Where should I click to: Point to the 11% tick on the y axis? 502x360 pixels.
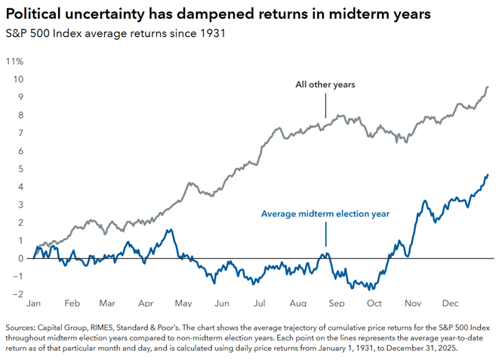14,60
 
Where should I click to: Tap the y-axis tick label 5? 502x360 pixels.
20,168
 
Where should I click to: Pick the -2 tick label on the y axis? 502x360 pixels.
18,294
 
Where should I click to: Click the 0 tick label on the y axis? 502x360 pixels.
20,258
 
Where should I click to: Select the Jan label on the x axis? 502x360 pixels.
34,303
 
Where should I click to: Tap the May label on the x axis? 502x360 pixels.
183,303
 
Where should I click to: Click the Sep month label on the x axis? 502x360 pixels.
336,303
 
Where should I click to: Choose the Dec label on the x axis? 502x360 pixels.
449,303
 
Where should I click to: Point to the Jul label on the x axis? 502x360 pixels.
260,303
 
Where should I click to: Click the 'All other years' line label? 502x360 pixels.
325,85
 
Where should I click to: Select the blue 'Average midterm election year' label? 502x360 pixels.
325,214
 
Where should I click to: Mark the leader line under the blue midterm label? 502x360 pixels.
326,235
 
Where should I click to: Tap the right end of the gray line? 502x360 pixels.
488,87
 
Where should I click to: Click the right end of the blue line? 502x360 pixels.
488,175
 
